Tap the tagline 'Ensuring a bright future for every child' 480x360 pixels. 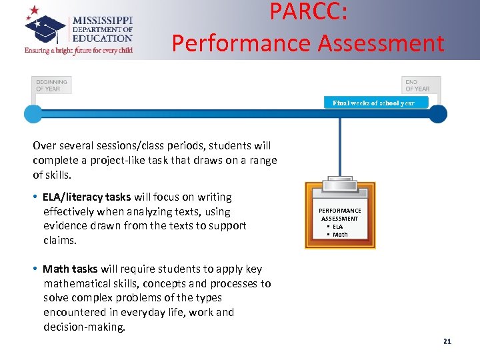79,50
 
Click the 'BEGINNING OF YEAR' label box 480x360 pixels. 51,85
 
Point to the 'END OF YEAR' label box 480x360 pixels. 421,85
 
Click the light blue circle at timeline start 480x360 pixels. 33,114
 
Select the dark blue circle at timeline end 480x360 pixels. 437,114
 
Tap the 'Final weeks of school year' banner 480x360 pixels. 373,103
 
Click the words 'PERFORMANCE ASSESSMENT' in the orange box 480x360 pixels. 340,215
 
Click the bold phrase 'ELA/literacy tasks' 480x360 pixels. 87,197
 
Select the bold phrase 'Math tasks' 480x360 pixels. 70,269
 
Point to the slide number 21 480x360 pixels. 447,341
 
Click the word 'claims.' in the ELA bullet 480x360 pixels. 60,240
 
